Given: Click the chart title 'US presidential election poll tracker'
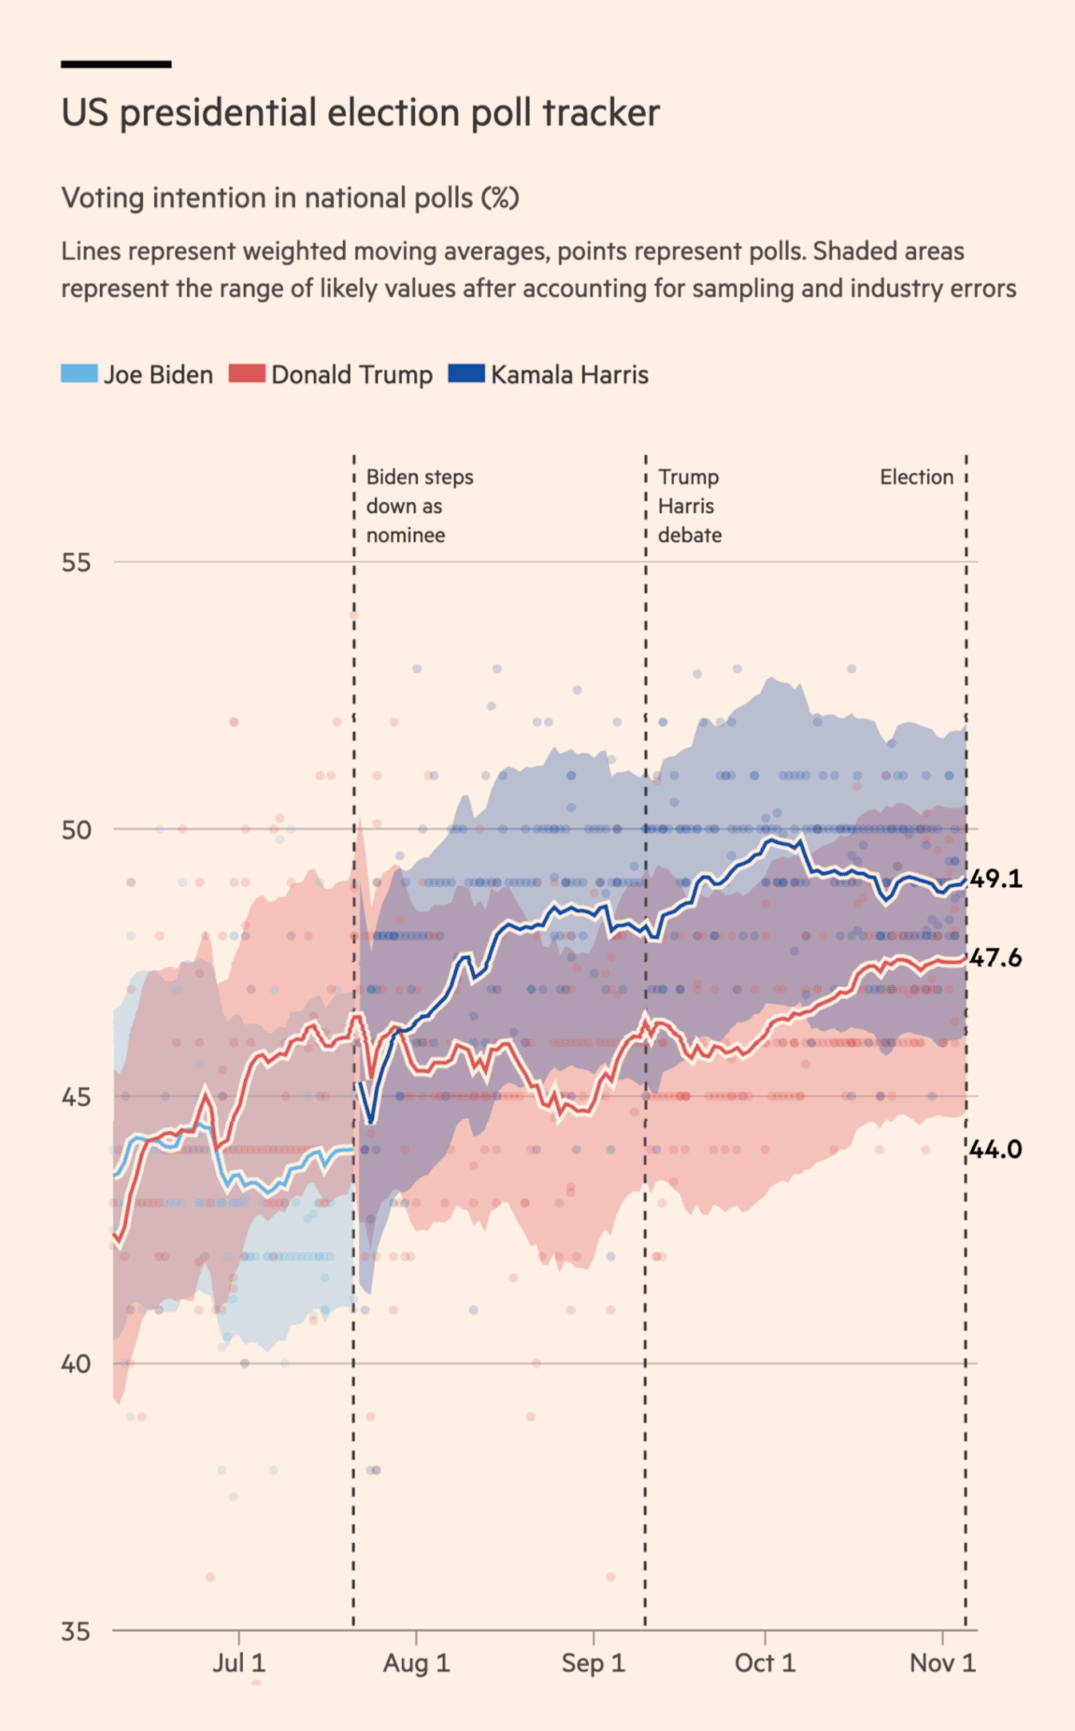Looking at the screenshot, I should (x=360, y=113).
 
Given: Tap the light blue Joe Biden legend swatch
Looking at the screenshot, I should (x=79, y=374).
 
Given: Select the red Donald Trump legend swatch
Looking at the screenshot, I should (x=247, y=374).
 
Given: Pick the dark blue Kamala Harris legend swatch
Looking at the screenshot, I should (x=466, y=374).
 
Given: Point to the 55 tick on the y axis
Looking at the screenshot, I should (x=77, y=563).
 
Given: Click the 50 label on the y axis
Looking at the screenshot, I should (x=77, y=830).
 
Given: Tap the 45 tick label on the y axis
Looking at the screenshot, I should (x=77, y=1096).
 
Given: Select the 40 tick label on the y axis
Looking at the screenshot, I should (x=77, y=1364).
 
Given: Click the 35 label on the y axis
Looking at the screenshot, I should (x=77, y=1632).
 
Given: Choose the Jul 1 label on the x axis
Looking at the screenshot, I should (x=239, y=1664).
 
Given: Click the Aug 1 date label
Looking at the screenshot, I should (x=416, y=1664).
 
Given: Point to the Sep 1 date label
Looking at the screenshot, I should (x=593, y=1664).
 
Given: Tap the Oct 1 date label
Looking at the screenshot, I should (x=765, y=1664).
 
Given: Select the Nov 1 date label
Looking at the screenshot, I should (x=942, y=1664).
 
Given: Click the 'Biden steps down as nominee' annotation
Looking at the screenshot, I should (x=419, y=506).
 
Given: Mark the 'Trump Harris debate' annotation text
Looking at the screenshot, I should (x=689, y=506).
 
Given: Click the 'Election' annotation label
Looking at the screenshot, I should (x=916, y=477).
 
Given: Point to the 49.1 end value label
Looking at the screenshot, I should (x=996, y=879).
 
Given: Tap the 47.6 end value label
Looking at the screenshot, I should (x=996, y=958).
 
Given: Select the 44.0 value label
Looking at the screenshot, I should (x=996, y=1150).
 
